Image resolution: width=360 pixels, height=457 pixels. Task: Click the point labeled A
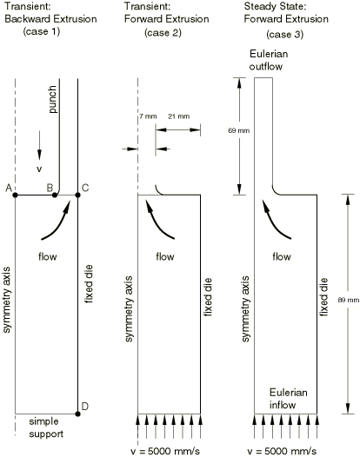point(15,195)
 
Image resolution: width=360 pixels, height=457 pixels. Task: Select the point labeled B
point(55,195)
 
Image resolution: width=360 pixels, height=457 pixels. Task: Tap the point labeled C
point(77,195)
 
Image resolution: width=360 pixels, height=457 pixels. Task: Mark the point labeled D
point(77,414)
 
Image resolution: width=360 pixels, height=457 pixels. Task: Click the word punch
point(52,99)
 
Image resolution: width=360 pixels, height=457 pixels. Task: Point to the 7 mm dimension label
point(148,116)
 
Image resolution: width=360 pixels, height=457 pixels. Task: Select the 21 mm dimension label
point(179,116)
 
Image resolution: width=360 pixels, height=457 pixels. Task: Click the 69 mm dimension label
point(239,130)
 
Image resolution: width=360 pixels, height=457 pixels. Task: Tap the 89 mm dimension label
point(349,300)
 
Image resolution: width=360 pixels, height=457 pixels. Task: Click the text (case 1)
point(42,31)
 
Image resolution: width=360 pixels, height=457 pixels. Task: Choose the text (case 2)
point(163,32)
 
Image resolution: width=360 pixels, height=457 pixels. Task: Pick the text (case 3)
point(285,35)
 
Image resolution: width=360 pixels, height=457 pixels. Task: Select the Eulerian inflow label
point(288,399)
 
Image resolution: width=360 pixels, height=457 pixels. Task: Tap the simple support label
point(46,427)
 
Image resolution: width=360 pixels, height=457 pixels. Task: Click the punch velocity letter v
point(39,169)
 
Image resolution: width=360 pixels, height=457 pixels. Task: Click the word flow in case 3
point(282,256)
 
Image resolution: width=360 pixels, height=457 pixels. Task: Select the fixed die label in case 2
point(208,297)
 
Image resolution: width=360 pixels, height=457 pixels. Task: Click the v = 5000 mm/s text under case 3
point(282,451)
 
